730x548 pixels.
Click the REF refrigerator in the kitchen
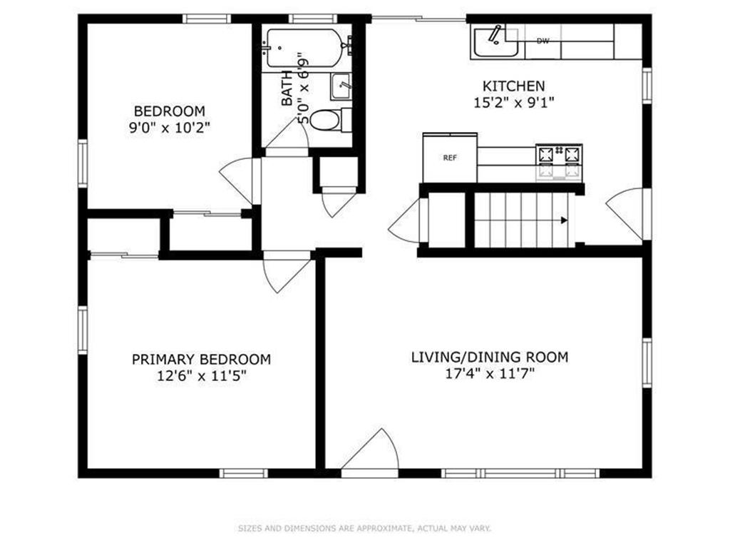[450, 158]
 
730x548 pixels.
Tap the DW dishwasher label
[543, 41]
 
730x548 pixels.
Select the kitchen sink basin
[495, 42]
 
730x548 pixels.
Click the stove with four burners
[559, 163]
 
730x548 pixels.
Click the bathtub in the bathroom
[305, 48]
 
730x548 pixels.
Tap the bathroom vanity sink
[341, 86]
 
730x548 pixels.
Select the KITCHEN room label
[513, 86]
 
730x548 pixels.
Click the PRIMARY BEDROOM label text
[201, 360]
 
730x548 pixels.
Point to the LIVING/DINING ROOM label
[490, 357]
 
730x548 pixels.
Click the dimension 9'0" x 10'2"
[170, 127]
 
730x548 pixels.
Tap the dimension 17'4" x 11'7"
[490, 373]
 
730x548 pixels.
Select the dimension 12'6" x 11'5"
[201, 375]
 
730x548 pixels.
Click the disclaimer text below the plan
[364, 528]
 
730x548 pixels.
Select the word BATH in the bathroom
[287, 88]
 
